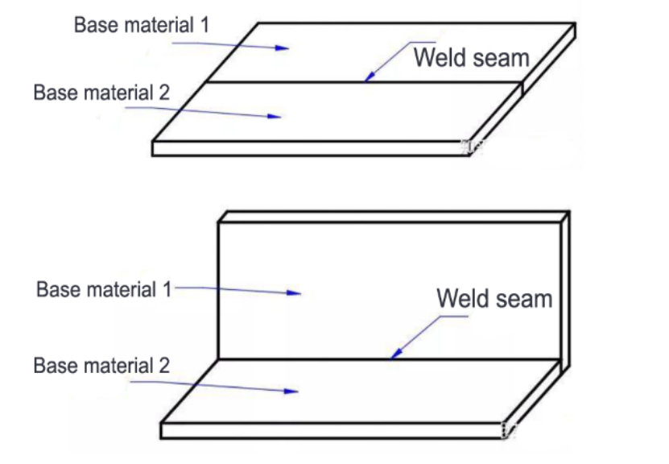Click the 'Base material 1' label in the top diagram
pyautogui.click(x=142, y=25)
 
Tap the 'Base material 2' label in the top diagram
pyautogui.click(x=101, y=92)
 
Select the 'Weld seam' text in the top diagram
pyautogui.click(x=472, y=58)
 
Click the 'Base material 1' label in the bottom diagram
pyautogui.click(x=104, y=289)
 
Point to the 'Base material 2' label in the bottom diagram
pyautogui.click(x=101, y=366)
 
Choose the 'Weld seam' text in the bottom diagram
pyautogui.click(x=494, y=298)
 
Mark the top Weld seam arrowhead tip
pyautogui.click(x=365, y=81)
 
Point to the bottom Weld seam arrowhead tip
pyautogui.click(x=390, y=358)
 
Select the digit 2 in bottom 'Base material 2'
pyautogui.click(x=165, y=366)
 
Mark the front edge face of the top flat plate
pyautogui.click(x=311, y=148)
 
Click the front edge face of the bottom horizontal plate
pyautogui.click(x=332, y=431)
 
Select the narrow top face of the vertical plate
pyautogui.click(x=394, y=217)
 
